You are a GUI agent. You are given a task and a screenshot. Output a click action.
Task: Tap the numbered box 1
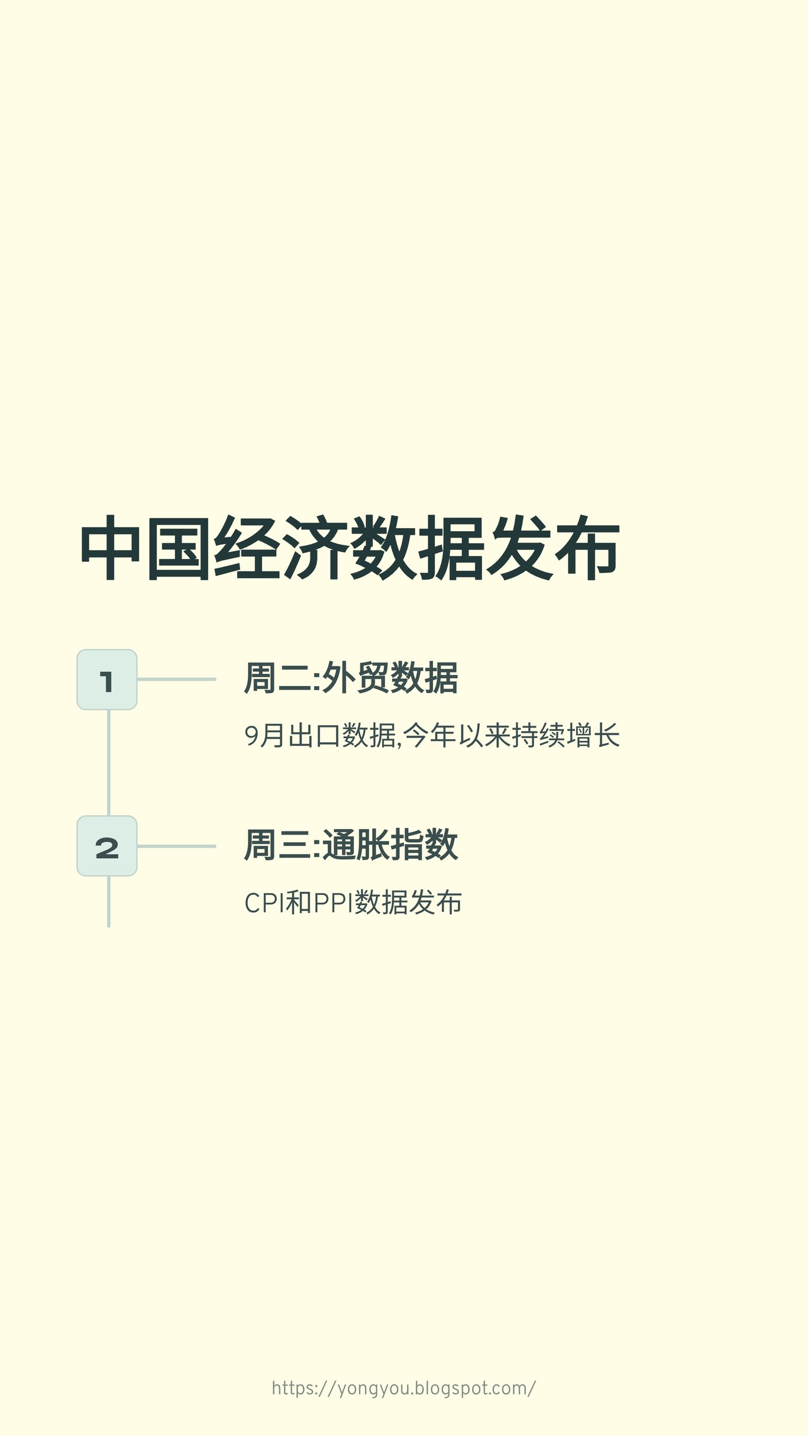107,680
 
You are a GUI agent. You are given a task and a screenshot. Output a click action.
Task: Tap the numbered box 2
107,846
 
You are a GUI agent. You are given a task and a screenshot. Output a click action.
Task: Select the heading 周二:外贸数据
351,678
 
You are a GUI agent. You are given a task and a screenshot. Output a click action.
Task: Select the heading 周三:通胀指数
351,845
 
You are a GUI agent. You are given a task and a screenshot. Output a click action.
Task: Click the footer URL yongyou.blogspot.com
404,1388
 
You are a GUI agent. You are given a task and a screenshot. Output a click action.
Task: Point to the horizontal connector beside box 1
176,680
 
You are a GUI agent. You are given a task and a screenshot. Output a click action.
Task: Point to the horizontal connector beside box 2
176,846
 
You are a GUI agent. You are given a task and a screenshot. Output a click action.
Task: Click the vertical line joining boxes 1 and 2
109,763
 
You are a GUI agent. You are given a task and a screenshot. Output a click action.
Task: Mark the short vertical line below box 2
109,901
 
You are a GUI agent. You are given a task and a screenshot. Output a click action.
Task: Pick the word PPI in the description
333,903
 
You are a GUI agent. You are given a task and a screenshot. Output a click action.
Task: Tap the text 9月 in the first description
264,736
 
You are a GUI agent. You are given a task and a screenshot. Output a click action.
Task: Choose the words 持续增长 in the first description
565,736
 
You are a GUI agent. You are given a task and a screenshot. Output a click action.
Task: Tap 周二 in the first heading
277,678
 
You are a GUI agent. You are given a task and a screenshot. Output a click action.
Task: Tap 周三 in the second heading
277,845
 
